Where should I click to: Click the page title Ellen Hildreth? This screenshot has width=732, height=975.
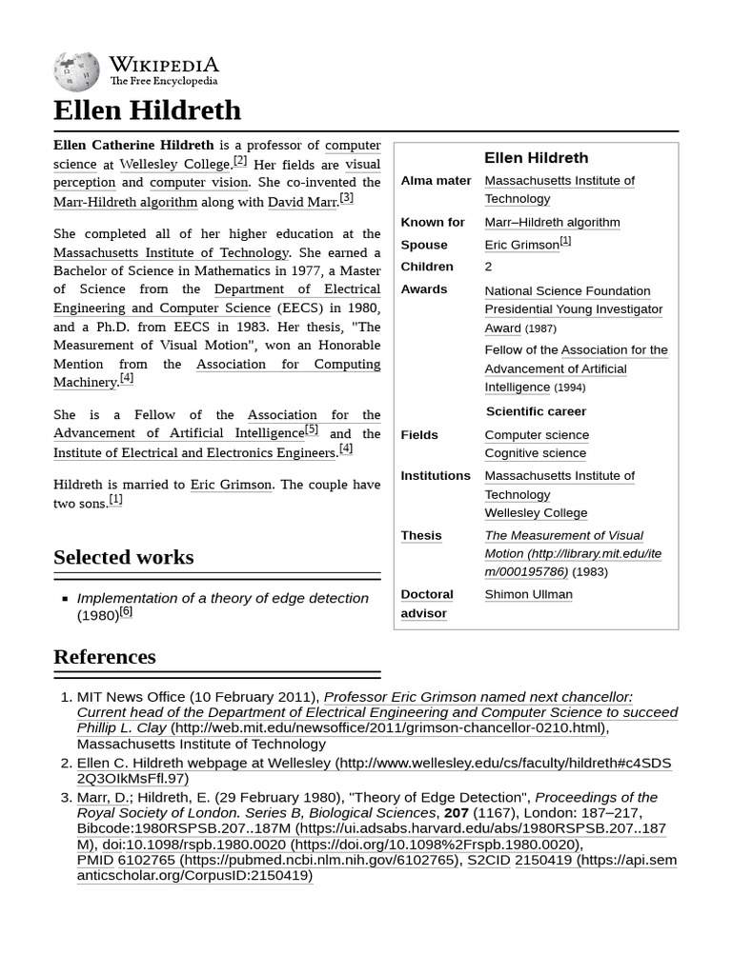point(147,110)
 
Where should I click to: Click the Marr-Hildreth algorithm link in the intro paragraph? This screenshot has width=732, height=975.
point(125,202)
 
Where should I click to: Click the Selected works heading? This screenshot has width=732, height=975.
point(123,557)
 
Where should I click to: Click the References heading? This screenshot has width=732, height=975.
point(104,657)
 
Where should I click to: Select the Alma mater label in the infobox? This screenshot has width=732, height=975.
point(436,181)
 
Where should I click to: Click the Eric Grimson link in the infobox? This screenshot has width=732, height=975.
point(521,245)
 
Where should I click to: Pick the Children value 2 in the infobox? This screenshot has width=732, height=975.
point(488,267)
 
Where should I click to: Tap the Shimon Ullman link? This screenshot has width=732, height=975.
point(528,594)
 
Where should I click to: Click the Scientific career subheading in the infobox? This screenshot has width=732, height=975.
point(536,411)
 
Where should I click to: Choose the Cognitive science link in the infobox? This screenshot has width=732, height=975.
point(535,453)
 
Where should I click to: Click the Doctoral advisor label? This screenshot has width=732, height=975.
point(426,604)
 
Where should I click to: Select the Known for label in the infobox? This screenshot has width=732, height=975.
point(433,222)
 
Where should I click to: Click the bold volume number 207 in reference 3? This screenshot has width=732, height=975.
point(457,813)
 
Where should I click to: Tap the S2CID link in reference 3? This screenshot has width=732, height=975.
point(487,860)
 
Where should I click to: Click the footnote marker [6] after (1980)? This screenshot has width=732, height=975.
point(126,612)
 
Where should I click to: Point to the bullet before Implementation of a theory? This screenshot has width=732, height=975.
point(65,599)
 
